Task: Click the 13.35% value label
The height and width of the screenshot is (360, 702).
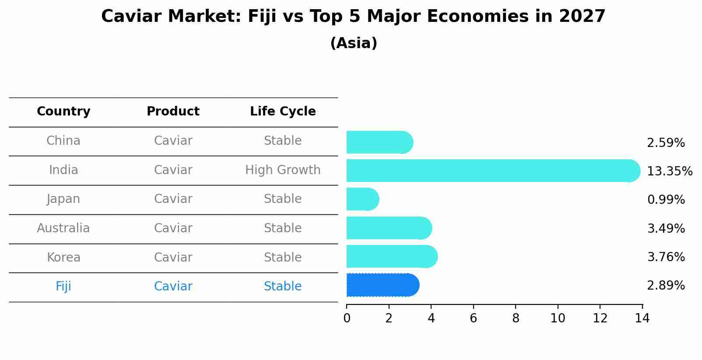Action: [669, 171]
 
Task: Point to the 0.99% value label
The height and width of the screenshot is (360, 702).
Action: [666, 200]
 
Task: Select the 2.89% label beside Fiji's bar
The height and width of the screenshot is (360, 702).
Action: [666, 286]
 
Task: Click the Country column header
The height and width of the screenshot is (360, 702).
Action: [63, 112]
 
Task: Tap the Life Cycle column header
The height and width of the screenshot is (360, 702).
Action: [283, 112]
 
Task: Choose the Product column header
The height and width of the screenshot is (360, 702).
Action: [173, 112]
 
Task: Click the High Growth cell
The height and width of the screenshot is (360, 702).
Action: [283, 170]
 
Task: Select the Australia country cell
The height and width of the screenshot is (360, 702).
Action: [63, 228]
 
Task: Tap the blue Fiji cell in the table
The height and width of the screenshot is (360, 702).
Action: [63, 287]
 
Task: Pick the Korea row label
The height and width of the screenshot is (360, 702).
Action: [63, 258]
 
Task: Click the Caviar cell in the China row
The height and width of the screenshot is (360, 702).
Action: [173, 141]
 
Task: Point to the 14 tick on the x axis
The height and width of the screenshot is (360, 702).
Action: [642, 318]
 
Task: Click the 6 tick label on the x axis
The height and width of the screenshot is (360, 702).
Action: [473, 318]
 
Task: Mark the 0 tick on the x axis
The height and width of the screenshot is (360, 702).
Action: [347, 318]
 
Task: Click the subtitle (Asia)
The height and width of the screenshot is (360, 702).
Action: [354, 43]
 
